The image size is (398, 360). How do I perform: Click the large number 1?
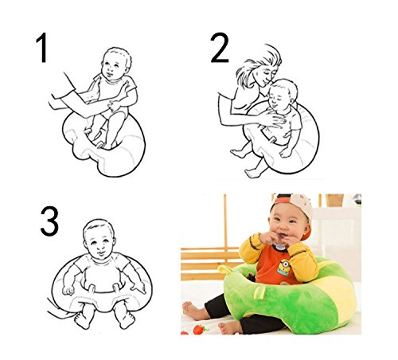coord(42,48)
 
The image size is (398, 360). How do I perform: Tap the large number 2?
coord(220,48)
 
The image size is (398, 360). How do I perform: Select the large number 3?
coord(49,221)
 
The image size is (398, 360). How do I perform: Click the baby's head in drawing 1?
coord(116,63)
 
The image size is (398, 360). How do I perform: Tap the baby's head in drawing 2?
coord(282,95)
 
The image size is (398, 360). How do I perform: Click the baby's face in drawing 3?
coord(99,245)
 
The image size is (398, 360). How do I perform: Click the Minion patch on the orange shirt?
coord(283,267)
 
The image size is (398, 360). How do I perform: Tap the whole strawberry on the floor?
coord(200,329)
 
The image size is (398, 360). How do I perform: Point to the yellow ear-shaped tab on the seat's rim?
coord(225,268)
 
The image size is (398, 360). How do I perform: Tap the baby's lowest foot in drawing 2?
coord(252,173)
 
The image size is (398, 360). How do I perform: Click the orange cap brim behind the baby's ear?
coord(306,233)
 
